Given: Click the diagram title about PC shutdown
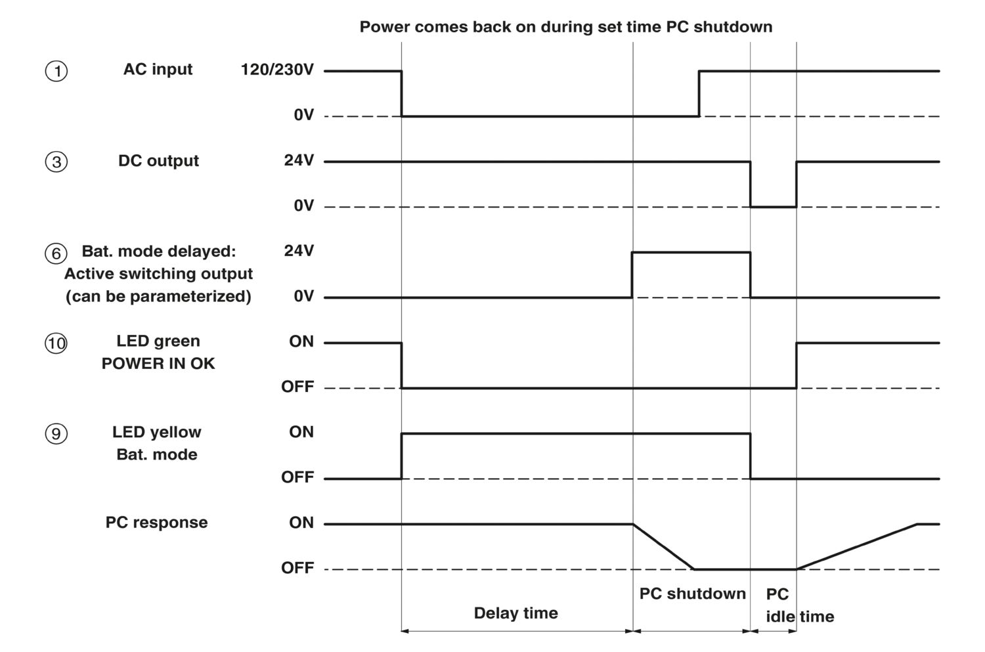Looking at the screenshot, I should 565,27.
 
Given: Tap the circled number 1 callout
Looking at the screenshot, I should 56,71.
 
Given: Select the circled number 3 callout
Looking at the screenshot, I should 56,162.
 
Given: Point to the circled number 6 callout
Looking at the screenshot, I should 56,253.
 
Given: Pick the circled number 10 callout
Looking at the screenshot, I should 56,343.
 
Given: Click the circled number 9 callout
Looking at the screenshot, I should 56,434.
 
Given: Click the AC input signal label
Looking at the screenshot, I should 158,70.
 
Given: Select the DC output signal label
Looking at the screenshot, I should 158,161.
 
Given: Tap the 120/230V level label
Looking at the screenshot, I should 277,70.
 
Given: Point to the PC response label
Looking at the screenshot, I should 156,523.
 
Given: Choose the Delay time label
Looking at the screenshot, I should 515,613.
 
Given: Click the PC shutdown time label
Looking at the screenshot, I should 692,594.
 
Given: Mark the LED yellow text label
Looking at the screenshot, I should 156,432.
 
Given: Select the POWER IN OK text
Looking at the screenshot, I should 158,364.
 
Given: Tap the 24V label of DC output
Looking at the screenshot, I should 299,161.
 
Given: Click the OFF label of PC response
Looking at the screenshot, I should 297,568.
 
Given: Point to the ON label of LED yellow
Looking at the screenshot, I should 301,432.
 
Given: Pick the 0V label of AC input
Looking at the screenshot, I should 303,116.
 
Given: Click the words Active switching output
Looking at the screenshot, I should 158,274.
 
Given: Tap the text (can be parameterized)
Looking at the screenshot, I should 158,297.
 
